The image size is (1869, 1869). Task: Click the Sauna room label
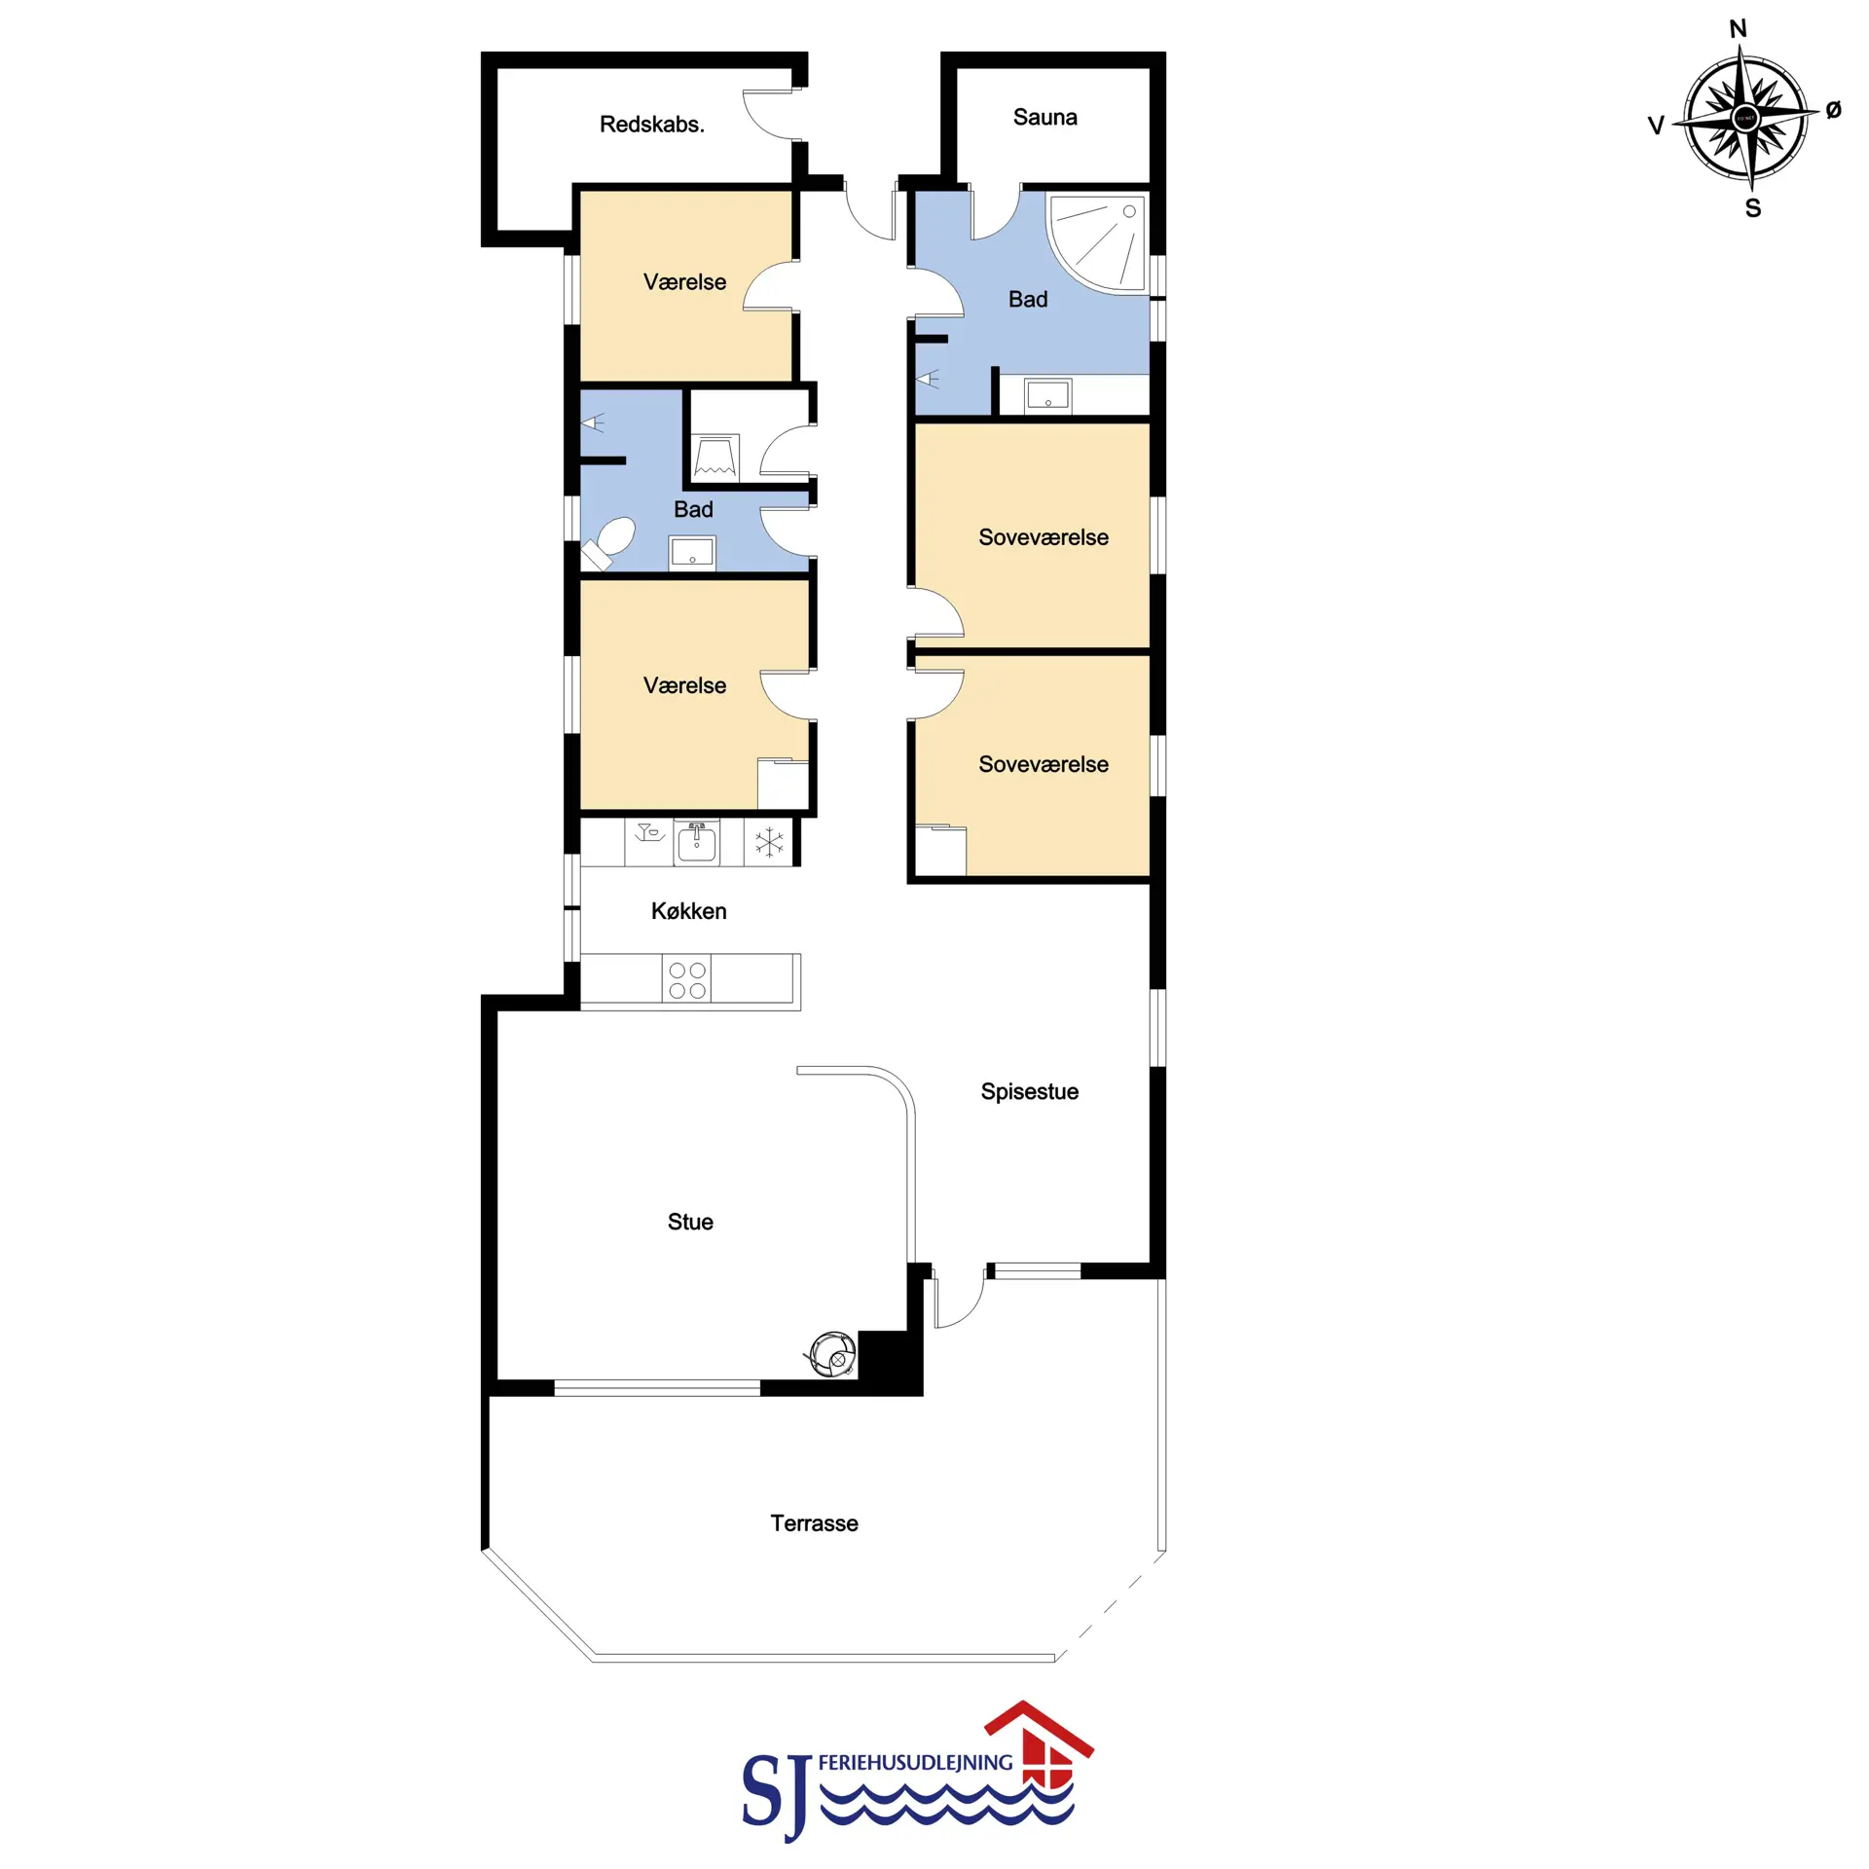tap(1044, 118)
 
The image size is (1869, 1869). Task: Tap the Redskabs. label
tap(651, 125)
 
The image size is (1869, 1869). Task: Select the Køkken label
tap(688, 911)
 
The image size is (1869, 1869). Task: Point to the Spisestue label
tap(1029, 1091)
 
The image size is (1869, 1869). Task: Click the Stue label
tap(690, 1222)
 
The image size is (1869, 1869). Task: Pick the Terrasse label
tap(814, 1523)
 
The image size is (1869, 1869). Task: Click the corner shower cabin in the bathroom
tap(1097, 241)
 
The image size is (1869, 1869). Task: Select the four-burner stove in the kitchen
tap(686, 979)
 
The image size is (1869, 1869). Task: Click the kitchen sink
tap(697, 843)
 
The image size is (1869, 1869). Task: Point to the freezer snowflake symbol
tap(769, 842)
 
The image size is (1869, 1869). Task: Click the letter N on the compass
tap(1738, 28)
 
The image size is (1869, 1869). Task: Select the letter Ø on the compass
tap(1833, 110)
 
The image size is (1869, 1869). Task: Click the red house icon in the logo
tap(1040, 1758)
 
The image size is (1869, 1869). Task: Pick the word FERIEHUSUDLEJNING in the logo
tap(915, 1763)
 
